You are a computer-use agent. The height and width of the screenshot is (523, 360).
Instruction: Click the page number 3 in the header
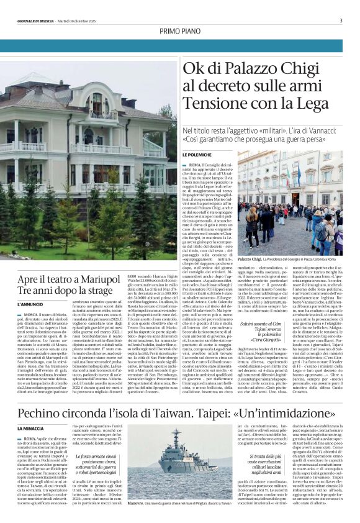[341, 20]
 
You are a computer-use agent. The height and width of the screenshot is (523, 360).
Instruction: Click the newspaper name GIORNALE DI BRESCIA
[35, 20]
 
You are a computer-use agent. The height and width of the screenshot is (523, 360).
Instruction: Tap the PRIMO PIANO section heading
[179, 31]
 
